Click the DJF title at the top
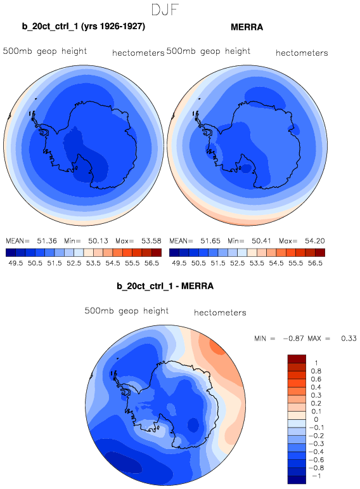[165, 10]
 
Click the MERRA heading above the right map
[247, 27]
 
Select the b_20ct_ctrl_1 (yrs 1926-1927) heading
[84, 26]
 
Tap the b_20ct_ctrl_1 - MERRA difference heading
[165, 286]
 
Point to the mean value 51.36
[47, 241]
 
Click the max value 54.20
[315, 241]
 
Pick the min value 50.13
[98, 241]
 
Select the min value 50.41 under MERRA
[262, 241]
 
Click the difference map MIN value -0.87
[293, 339]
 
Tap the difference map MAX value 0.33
[349, 339]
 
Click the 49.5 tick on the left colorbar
[16, 263]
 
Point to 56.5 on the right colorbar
[315, 263]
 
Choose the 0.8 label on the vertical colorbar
[316, 371]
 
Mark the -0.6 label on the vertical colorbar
[316, 460]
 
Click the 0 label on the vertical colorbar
[316, 419]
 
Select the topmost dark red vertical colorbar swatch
[297, 358]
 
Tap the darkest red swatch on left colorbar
[157, 252]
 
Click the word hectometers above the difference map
[220, 313]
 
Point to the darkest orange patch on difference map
[218, 346]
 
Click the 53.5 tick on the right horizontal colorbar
[257, 263]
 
